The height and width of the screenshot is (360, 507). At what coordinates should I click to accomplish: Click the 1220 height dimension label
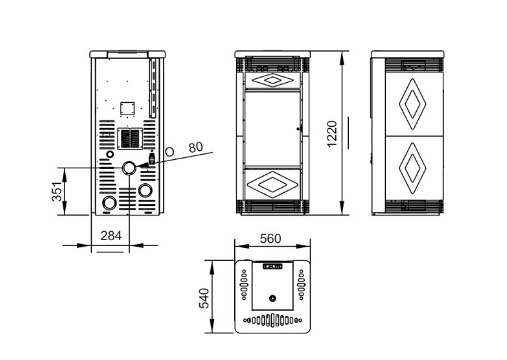(332, 134)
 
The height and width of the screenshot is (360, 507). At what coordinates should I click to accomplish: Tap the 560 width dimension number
(270, 239)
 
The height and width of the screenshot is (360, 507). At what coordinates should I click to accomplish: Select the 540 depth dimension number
(204, 298)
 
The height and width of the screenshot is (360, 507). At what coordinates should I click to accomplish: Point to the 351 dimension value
(57, 191)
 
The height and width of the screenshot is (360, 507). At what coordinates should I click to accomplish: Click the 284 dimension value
(111, 236)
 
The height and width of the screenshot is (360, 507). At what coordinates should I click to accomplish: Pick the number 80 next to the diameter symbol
(196, 147)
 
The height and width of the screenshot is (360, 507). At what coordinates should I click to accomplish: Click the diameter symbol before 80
(170, 152)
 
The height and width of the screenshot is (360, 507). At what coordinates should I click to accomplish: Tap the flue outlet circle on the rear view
(129, 168)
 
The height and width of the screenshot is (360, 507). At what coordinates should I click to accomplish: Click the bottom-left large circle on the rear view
(109, 203)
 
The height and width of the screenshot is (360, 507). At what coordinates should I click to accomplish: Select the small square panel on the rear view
(127, 109)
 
